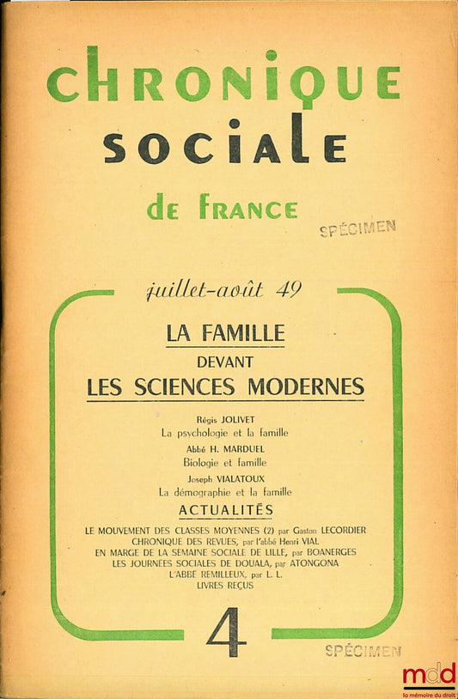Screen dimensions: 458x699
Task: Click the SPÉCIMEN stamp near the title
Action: click(x=357, y=228)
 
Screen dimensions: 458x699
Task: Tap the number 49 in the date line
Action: click(x=289, y=289)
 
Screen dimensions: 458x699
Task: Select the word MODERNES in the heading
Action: click(x=306, y=387)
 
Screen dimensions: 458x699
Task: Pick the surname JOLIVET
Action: click(x=248, y=420)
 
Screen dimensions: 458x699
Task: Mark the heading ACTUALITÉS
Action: click(x=226, y=510)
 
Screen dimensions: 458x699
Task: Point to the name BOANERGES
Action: click(x=321, y=552)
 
